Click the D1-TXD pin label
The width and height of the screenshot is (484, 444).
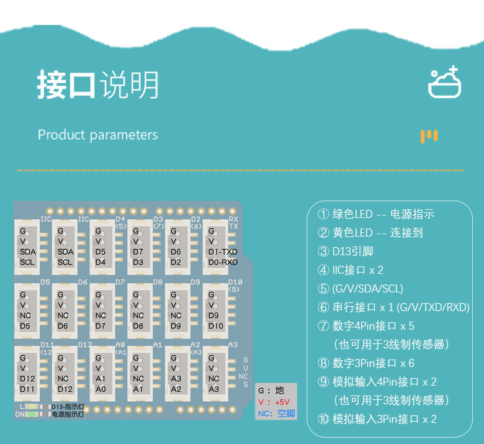[x=223, y=251]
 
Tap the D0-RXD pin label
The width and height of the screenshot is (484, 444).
[x=223, y=262]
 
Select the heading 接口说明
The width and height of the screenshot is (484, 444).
[x=97, y=85]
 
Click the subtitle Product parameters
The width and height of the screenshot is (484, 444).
[x=97, y=135]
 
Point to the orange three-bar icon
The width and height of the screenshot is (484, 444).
[x=429, y=137]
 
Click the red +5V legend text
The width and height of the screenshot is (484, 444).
[x=282, y=402]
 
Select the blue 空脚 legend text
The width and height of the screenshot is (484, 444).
[x=286, y=414]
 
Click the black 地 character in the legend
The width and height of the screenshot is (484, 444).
[x=280, y=391]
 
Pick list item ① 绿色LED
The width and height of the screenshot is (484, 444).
[x=376, y=214]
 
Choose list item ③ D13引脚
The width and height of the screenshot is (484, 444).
[x=346, y=251]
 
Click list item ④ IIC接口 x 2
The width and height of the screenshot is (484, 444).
[x=351, y=270]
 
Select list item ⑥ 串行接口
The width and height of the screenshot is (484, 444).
[x=393, y=307]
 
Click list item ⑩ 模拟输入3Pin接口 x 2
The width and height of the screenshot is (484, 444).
[x=377, y=419]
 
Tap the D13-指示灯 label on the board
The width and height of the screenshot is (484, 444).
[x=68, y=407]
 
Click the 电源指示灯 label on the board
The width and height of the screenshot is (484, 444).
[x=68, y=414]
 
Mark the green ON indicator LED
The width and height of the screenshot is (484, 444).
[x=31, y=414]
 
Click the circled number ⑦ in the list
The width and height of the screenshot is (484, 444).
[x=323, y=326]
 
